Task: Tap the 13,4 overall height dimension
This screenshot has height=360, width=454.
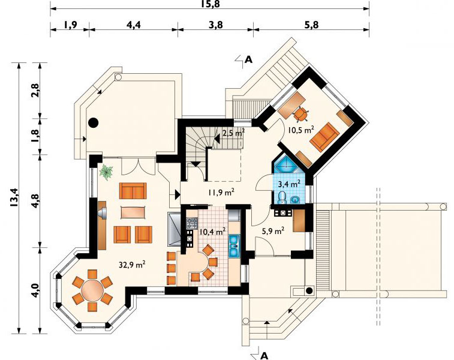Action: (x=14, y=197)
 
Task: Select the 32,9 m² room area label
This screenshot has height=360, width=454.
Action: (x=133, y=265)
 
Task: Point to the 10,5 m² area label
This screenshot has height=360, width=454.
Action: (x=301, y=130)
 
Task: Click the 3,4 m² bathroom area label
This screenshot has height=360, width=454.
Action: (x=289, y=184)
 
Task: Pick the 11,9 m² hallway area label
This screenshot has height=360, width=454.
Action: (x=221, y=192)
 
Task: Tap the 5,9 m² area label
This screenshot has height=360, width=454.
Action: (x=273, y=231)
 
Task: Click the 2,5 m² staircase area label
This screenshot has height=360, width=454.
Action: (x=234, y=133)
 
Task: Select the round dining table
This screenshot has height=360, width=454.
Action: (x=92, y=290)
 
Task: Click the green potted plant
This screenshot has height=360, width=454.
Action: (x=106, y=172)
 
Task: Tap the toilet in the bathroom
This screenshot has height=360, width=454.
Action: (x=281, y=197)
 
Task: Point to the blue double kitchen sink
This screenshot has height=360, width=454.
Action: (x=233, y=246)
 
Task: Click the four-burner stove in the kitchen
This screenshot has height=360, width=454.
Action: (x=192, y=223)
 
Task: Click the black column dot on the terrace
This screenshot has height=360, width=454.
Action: (x=94, y=123)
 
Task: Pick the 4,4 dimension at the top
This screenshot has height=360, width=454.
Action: (x=134, y=25)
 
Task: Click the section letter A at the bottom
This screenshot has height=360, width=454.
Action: (x=264, y=355)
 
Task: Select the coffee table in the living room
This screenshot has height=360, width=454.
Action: (x=133, y=212)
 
